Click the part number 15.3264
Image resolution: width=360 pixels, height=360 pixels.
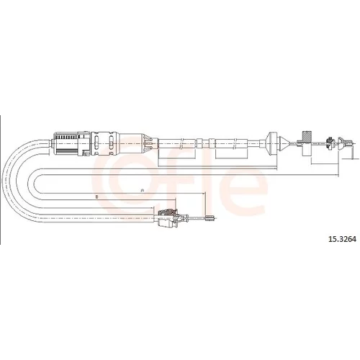342,239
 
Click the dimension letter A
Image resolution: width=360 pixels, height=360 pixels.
142,191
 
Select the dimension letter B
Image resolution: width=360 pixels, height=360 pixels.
96,197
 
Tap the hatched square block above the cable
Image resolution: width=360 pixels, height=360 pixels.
307,136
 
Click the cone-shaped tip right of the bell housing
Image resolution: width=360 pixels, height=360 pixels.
284,143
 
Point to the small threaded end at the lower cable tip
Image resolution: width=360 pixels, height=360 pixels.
210,218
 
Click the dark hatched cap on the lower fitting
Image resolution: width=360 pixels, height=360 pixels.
168,212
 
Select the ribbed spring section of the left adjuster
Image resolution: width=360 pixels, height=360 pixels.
66,137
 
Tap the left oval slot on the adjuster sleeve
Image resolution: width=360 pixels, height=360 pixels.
96,143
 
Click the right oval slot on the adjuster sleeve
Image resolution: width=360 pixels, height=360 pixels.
111,143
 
